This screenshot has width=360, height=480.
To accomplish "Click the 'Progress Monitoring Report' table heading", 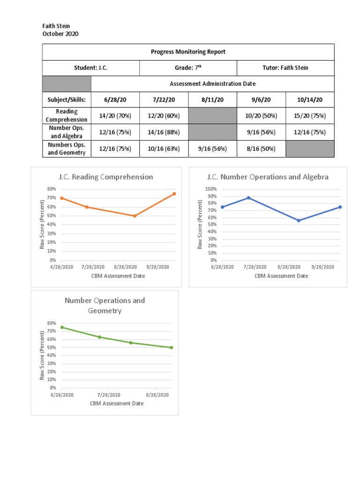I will [x=188, y=52].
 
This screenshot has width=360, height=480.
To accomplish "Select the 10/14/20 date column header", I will [x=309, y=100].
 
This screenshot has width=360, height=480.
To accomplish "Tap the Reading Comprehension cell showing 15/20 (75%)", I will [x=309, y=116].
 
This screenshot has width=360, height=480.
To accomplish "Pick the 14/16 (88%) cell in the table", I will [x=164, y=132].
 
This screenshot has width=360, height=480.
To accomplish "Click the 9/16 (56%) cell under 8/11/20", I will [x=212, y=149].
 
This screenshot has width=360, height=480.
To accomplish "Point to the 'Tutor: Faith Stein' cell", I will [x=285, y=68].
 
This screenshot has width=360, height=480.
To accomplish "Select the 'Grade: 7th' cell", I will [x=188, y=68].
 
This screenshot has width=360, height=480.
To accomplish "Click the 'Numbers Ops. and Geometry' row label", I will [x=66, y=149].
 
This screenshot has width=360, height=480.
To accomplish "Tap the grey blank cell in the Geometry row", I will [x=309, y=149].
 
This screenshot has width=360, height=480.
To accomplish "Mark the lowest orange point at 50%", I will [x=135, y=216].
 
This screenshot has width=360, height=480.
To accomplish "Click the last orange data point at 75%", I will [x=174, y=194].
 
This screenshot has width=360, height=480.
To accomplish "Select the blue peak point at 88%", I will [x=248, y=197].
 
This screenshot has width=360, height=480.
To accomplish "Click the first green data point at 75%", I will [x=62, y=327].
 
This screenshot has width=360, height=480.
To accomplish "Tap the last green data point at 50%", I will [x=172, y=347].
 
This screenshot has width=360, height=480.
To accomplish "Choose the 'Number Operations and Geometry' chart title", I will [x=105, y=305].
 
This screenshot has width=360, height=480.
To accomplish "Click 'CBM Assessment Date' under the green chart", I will [x=117, y=403].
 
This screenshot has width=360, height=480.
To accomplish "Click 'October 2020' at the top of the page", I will [x=60, y=34].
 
